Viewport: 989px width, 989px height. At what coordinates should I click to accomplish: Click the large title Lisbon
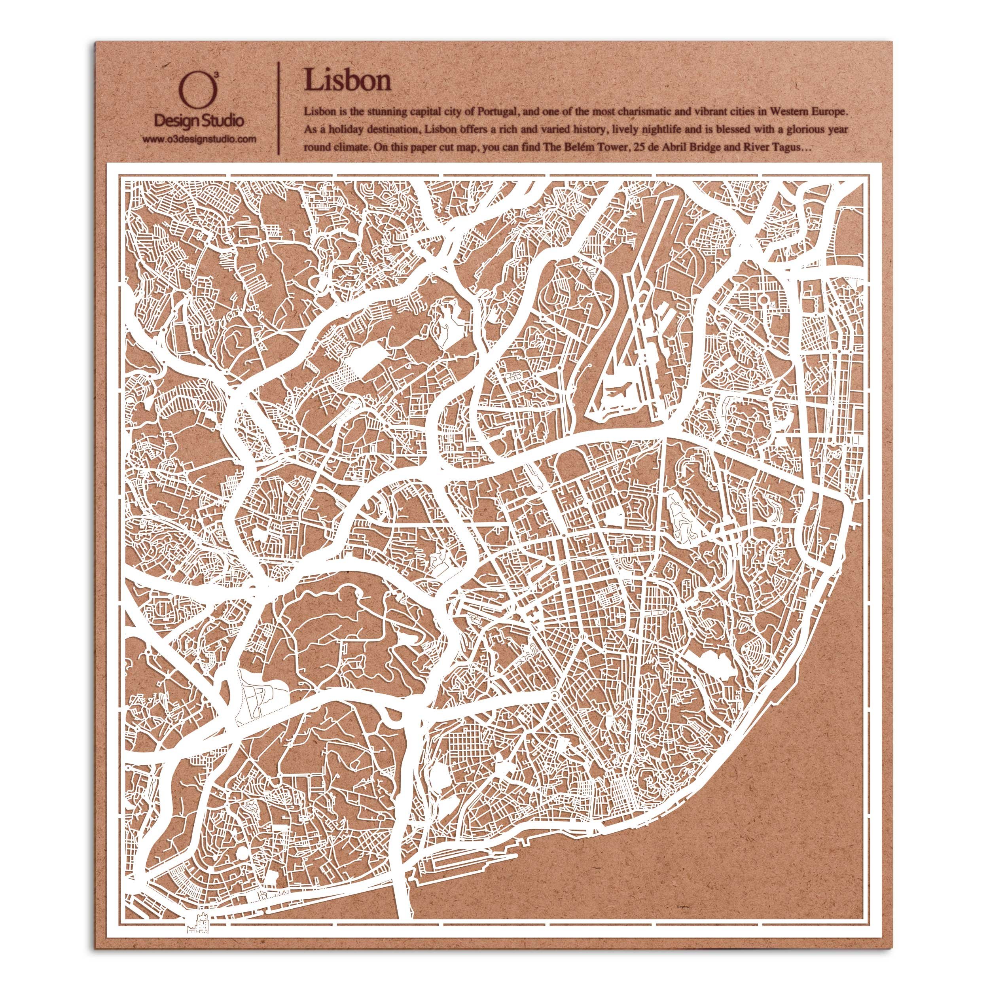click(x=348, y=80)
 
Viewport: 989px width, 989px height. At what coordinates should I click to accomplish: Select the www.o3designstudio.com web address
click(x=199, y=139)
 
